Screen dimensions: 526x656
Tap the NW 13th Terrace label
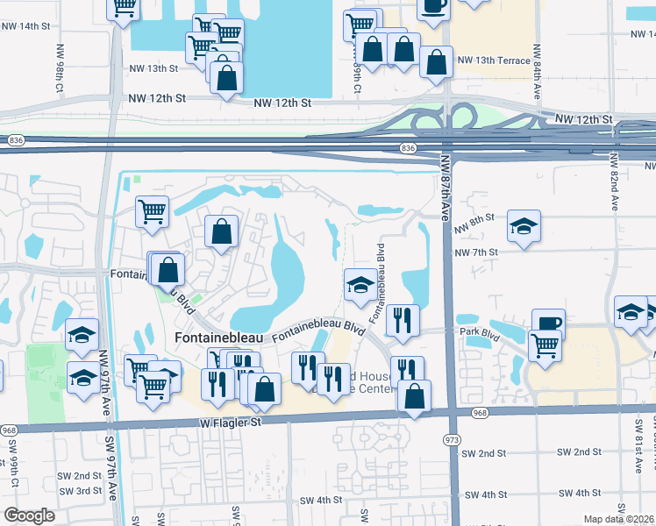(x=494, y=60)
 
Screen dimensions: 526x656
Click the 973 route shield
(x=452, y=438)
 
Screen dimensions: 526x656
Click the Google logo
(x=29, y=515)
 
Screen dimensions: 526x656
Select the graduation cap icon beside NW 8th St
(x=524, y=227)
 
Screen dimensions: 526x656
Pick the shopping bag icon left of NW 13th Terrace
(x=436, y=62)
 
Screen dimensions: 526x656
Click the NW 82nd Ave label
(x=610, y=184)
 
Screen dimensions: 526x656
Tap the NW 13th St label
(x=153, y=68)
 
